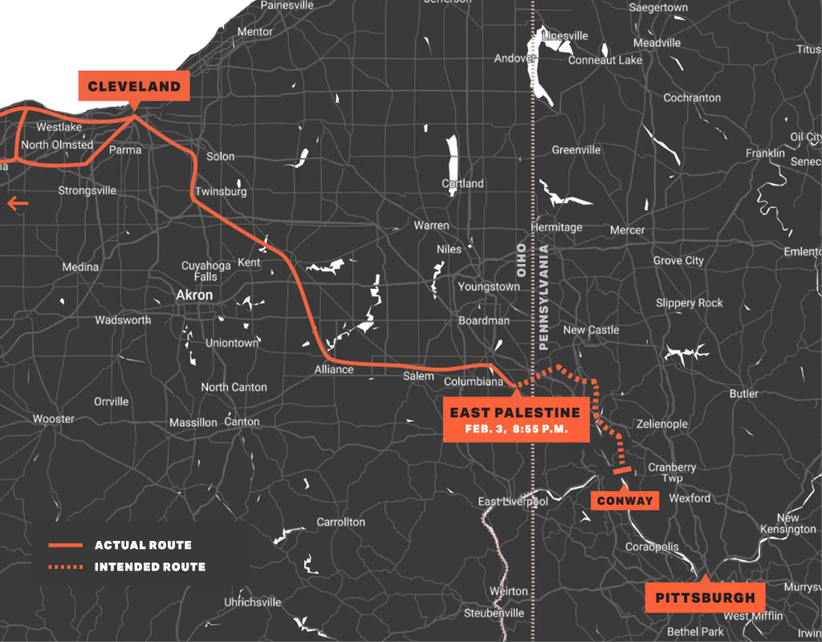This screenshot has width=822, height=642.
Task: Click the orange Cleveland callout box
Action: (x=134, y=86)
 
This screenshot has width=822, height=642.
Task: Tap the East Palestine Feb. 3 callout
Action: (x=516, y=419)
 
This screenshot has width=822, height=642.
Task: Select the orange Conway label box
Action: (x=625, y=501)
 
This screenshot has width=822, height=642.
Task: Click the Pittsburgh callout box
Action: (x=705, y=597)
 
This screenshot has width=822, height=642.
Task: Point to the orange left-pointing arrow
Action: (x=18, y=203)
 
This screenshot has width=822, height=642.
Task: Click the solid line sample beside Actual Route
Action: (x=66, y=545)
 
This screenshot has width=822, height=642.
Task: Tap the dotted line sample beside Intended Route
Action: (x=66, y=567)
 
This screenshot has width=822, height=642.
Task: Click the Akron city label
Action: (x=194, y=295)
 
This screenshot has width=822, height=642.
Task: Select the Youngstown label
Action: (x=489, y=286)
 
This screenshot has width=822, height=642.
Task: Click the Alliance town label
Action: (x=334, y=369)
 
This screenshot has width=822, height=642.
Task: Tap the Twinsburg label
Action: (x=221, y=191)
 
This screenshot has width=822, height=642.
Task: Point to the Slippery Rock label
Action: (x=689, y=303)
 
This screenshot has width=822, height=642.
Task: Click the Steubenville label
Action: (x=494, y=613)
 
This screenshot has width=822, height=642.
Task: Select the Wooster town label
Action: (x=54, y=419)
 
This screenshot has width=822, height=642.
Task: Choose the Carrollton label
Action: (x=341, y=522)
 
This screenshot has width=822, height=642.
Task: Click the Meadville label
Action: (x=657, y=43)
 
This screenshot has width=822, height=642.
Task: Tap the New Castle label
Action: (x=591, y=330)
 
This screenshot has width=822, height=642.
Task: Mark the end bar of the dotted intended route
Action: (x=622, y=470)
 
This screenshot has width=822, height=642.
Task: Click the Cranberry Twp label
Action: (x=672, y=472)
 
